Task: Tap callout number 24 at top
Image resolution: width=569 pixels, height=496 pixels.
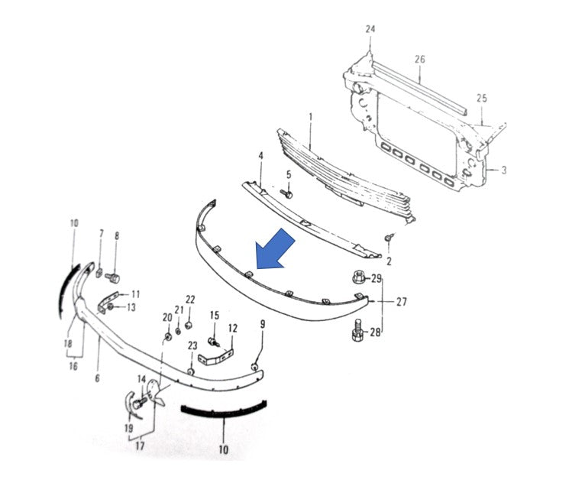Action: [x=370, y=29]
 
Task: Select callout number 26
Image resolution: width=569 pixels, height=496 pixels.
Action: [x=420, y=59]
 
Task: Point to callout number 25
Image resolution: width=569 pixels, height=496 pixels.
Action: [x=481, y=98]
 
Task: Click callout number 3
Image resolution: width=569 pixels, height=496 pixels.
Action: [x=503, y=170]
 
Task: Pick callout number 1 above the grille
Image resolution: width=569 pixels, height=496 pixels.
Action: [x=311, y=117]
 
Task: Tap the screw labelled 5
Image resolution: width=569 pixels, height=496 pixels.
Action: [x=287, y=194]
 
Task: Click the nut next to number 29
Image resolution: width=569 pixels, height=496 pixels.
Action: [x=358, y=277]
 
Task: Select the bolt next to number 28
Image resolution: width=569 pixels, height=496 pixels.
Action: [x=357, y=330]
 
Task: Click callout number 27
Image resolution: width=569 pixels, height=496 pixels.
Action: [x=402, y=302]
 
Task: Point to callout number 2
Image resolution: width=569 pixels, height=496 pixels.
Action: [x=389, y=261]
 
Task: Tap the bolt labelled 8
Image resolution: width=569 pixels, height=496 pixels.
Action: [x=113, y=277]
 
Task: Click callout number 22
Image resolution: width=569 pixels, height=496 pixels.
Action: [x=190, y=300]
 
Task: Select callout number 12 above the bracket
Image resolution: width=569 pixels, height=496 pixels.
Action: [x=233, y=328]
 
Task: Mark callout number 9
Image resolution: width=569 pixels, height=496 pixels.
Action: [x=263, y=324]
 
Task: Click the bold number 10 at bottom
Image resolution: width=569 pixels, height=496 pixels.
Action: [x=224, y=449]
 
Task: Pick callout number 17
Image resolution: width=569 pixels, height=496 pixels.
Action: [x=140, y=446]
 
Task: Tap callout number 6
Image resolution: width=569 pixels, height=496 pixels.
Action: [x=97, y=378]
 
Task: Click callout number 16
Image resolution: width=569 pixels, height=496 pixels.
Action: [x=73, y=366]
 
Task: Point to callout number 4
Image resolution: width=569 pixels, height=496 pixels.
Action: [x=261, y=156]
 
